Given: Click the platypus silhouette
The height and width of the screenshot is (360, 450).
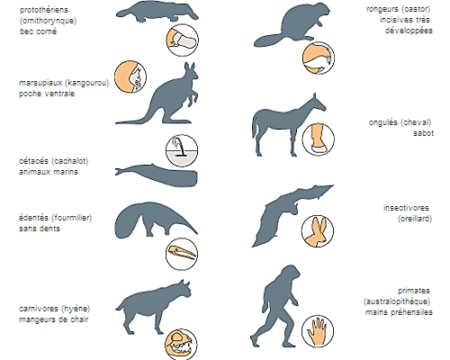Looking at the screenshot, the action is [156, 12].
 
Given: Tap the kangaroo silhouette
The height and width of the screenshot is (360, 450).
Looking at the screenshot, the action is [168, 102].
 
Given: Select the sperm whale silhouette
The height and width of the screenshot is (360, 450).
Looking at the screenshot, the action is [162, 175].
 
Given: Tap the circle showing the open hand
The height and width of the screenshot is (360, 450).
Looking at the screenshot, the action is [318, 331].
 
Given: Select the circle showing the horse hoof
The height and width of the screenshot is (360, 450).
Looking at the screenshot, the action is [319, 139].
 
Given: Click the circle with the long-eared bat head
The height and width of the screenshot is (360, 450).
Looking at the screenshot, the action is [318, 231].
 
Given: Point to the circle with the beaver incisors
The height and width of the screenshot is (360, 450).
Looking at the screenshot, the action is [319, 58].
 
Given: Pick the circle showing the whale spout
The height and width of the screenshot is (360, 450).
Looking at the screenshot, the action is [182, 150].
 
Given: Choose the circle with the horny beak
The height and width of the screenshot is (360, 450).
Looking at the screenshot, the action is [183, 40].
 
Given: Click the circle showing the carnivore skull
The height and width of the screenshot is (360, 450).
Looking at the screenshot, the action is [181, 345].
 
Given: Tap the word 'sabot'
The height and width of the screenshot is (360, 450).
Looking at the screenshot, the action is [423, 133].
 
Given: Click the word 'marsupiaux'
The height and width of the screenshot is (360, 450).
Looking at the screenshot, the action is [40, 83].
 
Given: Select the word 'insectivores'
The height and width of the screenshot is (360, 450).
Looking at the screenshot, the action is [406, 208].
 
